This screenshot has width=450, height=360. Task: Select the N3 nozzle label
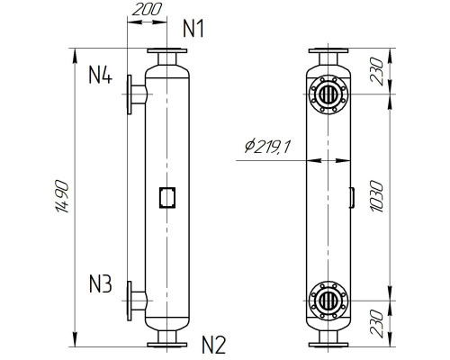tap(100, 286)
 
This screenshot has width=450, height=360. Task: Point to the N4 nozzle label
tap(100, 76)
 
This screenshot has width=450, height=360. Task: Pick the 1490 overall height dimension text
tap(58, 197)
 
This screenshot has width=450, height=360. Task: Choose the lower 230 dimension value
tap(379, 321)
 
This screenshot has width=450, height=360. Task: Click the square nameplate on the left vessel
tap(166, 196)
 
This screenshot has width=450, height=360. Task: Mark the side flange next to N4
tap(134, 94)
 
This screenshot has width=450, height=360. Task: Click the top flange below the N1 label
tap(166, 52)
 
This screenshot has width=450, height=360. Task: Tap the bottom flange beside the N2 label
tap(166, 343)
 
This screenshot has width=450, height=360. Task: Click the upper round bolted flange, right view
tap(327, 94)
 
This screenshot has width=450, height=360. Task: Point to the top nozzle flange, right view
tap(327, 52)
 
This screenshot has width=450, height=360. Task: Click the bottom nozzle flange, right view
tap(327, 343)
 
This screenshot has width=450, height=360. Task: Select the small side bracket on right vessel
tap(350, 196)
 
